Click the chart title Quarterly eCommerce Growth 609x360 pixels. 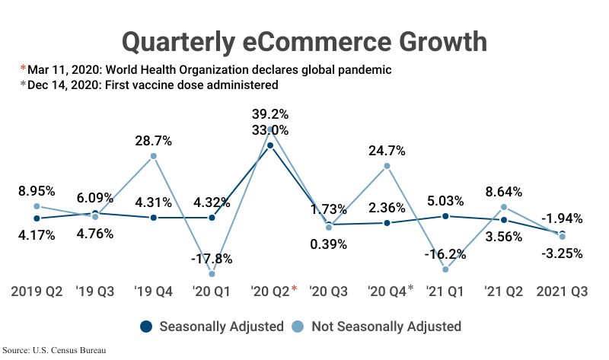point(304,40)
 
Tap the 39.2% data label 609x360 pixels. point(270,113)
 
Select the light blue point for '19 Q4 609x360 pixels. point(154,156)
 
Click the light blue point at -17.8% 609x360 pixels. point(212,274)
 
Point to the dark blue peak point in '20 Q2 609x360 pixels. point(270,145)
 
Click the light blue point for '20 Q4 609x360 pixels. point(387,166)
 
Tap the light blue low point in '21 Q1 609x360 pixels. point(445,269)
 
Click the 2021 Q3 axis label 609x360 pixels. point(563,292)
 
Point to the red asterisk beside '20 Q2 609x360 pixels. point(294,289)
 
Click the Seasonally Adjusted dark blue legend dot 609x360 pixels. point(147,327)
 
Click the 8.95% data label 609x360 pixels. point(37,190)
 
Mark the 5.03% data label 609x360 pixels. point(445,201)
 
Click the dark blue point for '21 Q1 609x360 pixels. point(445,216)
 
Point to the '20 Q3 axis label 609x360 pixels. point(329,292)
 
